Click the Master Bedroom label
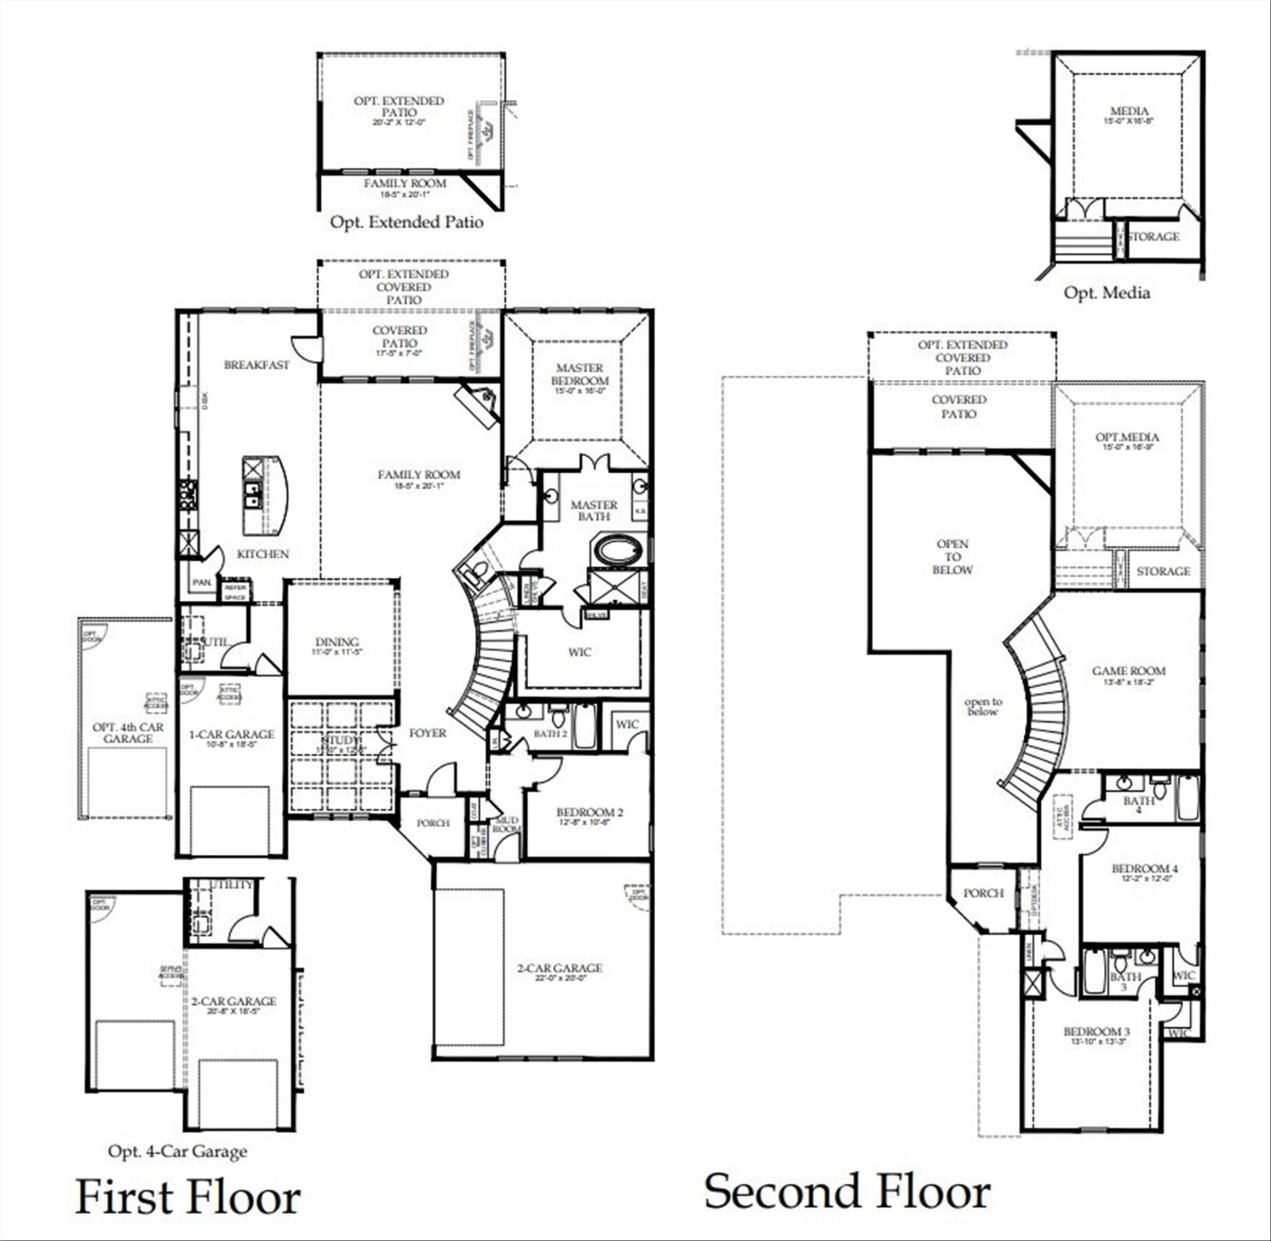coord(580,375)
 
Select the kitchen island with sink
coord(265,495)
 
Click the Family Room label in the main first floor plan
coord(419,475)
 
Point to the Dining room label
coord(338,642)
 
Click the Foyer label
coord(428,733)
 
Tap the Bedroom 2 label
coord(589,813)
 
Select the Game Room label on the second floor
coord(1129,671)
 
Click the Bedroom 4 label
coord(1145,869)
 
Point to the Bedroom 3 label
coord(1097,1032)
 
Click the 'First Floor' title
coord(188,1197)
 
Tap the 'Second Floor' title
coord(847,1192)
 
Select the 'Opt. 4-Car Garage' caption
coord(178,1151)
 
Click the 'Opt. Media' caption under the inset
coord(1106,292)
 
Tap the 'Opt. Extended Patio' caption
coord(406,221)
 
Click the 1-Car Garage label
coord(232,734)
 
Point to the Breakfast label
coord(257,365)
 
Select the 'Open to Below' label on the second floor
coord(953,557)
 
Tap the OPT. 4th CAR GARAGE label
coord(128,733)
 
